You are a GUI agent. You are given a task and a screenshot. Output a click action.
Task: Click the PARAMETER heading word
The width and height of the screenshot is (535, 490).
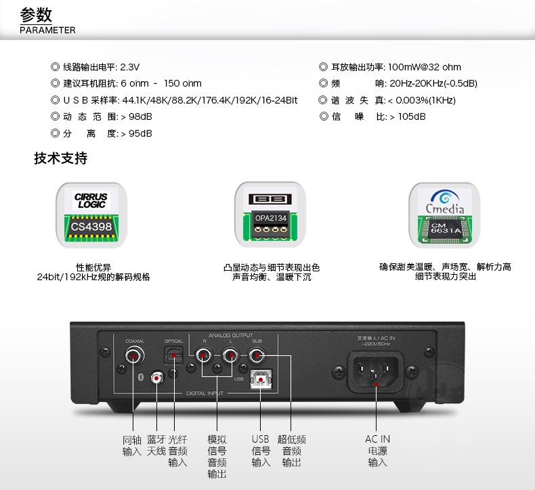(47, 30)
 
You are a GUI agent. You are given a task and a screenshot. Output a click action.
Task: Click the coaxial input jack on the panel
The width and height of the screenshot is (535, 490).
(134, 355)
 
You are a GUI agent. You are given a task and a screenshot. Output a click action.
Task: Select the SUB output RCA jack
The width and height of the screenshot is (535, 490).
(257, 354)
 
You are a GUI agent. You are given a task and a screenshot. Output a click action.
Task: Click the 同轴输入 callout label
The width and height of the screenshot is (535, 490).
(132, 445)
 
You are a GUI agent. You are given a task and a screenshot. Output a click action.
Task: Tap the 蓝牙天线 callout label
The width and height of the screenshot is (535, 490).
(156, 445)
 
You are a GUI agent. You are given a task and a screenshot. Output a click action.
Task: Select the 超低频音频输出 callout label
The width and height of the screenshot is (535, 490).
(291, 451)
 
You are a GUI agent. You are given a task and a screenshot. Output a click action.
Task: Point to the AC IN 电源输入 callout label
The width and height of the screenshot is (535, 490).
(378, 451)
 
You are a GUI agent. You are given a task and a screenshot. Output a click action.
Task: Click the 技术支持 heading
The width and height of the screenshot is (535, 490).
(61, 159)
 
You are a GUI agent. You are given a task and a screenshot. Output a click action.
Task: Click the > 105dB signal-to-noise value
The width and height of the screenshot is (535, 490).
(407, 116)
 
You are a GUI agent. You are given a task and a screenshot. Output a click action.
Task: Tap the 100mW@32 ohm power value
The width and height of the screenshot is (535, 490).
(425, 67)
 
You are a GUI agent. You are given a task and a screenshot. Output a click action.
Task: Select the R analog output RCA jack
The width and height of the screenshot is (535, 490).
(202, 354)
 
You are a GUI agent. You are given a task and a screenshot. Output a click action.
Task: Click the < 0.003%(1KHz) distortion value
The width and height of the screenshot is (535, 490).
(421, 100)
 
